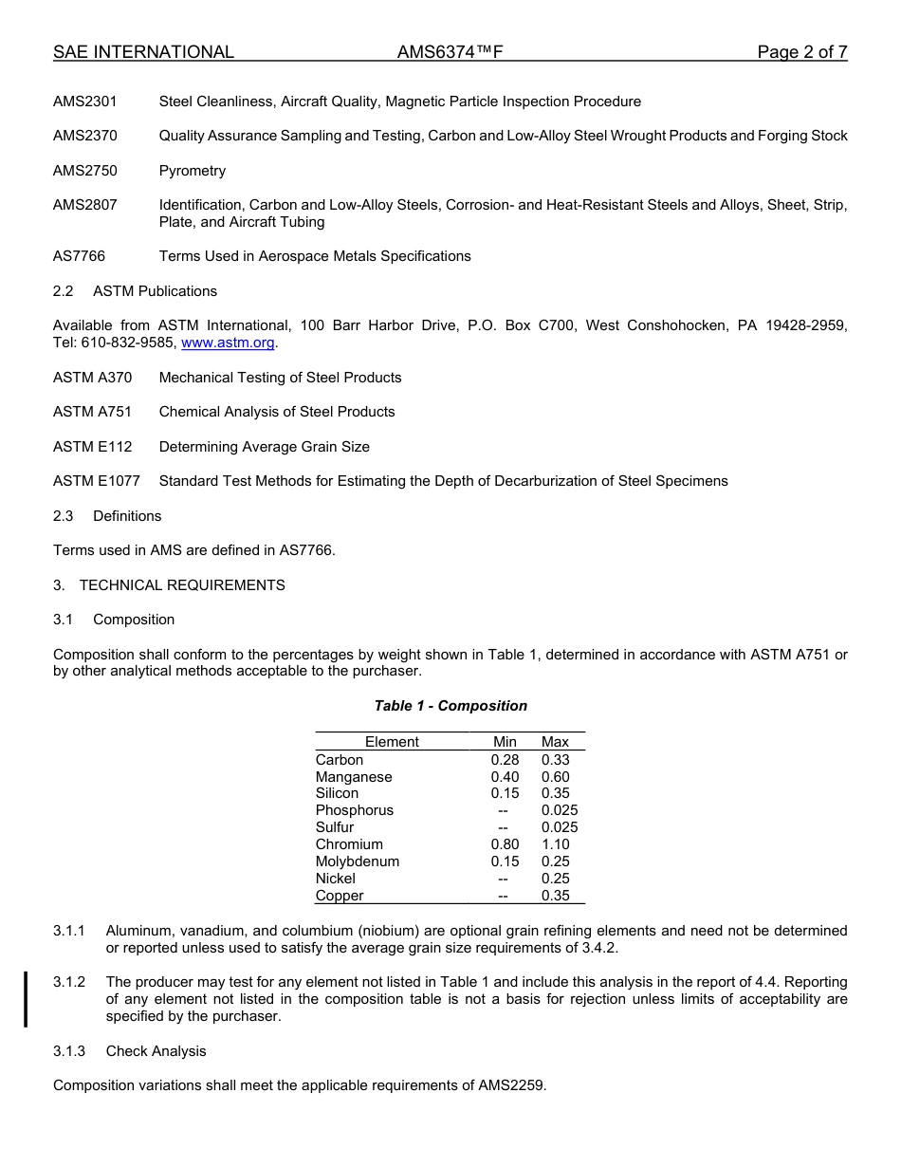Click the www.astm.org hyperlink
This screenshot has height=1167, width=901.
pos(228,343)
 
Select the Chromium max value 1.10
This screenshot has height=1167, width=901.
pos(555,844)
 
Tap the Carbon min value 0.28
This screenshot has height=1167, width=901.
pos(505,760)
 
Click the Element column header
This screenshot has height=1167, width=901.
pos(392,742)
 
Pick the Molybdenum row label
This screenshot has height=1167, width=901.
pos(358,861)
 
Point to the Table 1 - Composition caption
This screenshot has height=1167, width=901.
pos(450,706)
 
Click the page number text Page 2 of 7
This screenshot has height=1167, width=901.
pos(801,52)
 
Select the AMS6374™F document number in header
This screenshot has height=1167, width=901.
pos(450,52)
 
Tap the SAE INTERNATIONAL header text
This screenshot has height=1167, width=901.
pos(143,52)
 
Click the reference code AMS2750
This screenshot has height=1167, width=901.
pos(85,171)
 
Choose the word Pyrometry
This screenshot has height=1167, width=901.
pos(193,171)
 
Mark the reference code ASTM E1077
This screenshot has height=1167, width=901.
pos(97,481)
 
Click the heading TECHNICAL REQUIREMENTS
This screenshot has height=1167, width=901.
pos(182,585)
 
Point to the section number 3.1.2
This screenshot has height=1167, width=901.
pos(69,982)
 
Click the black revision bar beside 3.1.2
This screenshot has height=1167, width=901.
pos(26,999)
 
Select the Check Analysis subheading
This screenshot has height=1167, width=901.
pos(156,1051)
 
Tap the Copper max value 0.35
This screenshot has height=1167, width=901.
pos(555,896)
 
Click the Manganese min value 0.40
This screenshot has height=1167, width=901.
pos(505,777)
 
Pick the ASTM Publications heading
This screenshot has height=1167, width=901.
pos(155,291)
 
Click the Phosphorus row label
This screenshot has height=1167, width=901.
pos(355,810)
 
